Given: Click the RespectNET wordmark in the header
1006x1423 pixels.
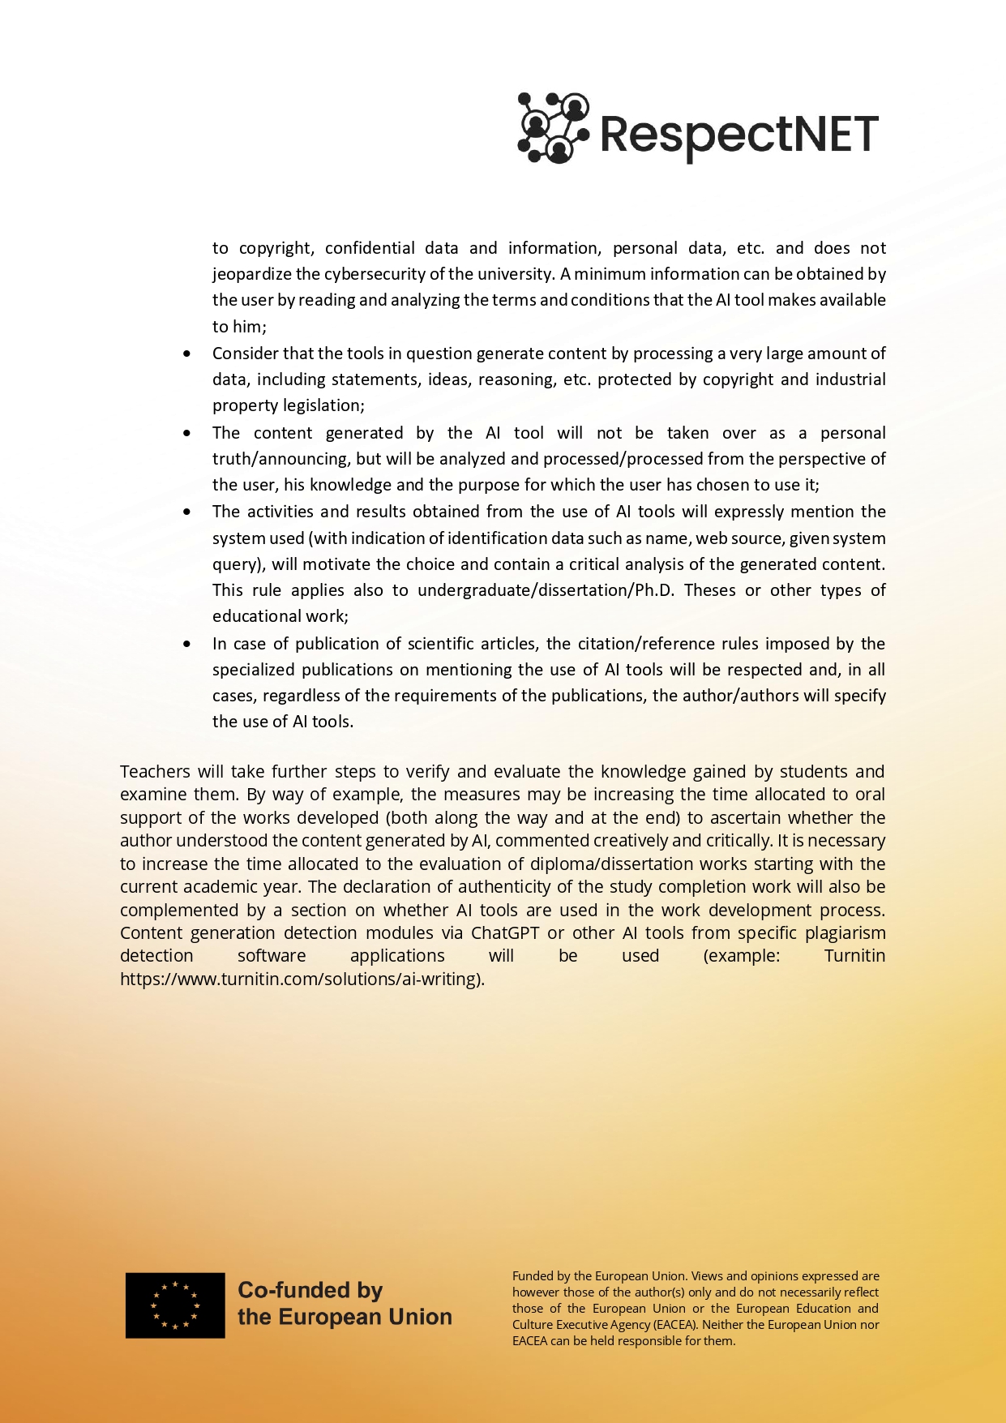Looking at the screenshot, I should pyautogui.click(x=738, y=134).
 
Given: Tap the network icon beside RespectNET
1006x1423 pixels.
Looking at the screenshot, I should pyautogui.click(x=553, y=128).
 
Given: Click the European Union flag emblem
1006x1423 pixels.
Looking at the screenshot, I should pyautogui.click(x=175, y=1305).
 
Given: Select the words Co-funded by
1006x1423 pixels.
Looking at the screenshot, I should pyautogui.click(x=310, y=1290).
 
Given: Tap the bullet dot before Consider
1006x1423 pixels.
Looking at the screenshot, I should pyautogui.click(x=187, y=354).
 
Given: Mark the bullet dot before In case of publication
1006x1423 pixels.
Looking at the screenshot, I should pyautogui.click(x=187, y=645).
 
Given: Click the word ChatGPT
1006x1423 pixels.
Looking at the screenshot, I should pyautogui.click(x=505, y=933).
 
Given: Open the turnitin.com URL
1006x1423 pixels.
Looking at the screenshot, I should pyautogui.click(x=302, y=979).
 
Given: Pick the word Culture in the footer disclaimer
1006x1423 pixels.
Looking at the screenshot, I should pyautogui.click(x=533, y=1325).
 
